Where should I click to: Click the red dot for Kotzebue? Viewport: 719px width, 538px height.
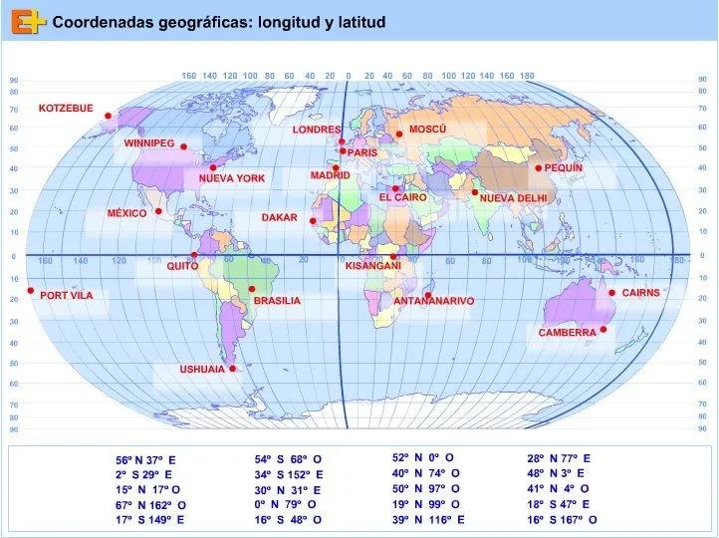108,116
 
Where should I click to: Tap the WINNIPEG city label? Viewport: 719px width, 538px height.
148,143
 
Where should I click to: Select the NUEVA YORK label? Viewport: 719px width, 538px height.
232,178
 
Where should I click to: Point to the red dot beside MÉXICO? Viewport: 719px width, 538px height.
158,211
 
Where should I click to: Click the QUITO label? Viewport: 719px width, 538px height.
182,267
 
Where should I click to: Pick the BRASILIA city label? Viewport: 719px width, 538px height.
276,301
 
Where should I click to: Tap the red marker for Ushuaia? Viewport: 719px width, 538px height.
232,369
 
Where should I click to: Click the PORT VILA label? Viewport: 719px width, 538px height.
67,295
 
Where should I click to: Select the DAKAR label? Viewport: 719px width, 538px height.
279,217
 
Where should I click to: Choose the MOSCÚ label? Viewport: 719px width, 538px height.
427,130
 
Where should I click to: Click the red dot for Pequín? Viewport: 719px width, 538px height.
539,168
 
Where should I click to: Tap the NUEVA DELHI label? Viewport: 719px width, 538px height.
513,198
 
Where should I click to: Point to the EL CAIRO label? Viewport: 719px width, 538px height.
402,198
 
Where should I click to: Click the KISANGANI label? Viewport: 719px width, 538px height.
372,266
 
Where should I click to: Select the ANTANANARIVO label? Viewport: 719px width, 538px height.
433,301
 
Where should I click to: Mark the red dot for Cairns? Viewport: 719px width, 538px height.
611,292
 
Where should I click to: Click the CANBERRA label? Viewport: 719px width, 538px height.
567,333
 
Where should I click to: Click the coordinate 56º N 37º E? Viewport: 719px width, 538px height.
145,460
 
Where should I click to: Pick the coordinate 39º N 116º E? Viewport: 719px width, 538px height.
428,520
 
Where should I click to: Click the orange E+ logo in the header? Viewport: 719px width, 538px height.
31,21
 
